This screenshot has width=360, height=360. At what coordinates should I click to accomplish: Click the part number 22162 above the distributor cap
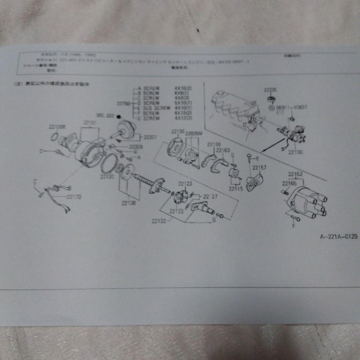295,174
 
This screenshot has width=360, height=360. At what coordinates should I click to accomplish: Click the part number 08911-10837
289,108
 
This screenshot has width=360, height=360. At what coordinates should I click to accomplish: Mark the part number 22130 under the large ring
107,177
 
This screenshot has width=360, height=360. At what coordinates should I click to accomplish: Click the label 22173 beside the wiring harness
74,197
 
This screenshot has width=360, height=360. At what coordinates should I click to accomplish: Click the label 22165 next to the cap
289,183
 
